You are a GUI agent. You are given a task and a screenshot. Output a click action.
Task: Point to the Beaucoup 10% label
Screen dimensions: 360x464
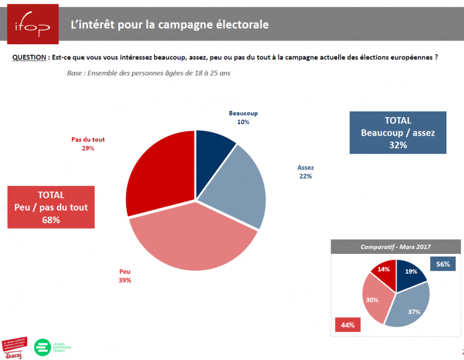(243, 118)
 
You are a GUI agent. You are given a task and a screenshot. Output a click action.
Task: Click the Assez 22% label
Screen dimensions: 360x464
(305, 172)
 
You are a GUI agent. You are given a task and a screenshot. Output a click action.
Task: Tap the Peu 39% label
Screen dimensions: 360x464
(125, 276)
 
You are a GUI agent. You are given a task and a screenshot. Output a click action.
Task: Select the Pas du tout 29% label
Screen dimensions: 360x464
(88, 144)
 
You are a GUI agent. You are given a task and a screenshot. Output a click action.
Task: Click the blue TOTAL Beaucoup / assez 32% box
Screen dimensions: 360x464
(398, 132)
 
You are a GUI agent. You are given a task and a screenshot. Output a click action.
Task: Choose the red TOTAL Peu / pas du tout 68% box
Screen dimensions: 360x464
(51, 207)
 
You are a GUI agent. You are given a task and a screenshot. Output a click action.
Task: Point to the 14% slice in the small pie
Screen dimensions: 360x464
(384, 270)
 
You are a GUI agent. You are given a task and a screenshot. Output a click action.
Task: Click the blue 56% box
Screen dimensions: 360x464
(443, 264)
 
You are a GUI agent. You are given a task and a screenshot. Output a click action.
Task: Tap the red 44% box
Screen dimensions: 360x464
(347, 325)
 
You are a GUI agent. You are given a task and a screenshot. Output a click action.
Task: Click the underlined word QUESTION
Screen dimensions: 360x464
(28, 57)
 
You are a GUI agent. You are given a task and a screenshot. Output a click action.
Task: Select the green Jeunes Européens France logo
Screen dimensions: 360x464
(54, 347)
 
